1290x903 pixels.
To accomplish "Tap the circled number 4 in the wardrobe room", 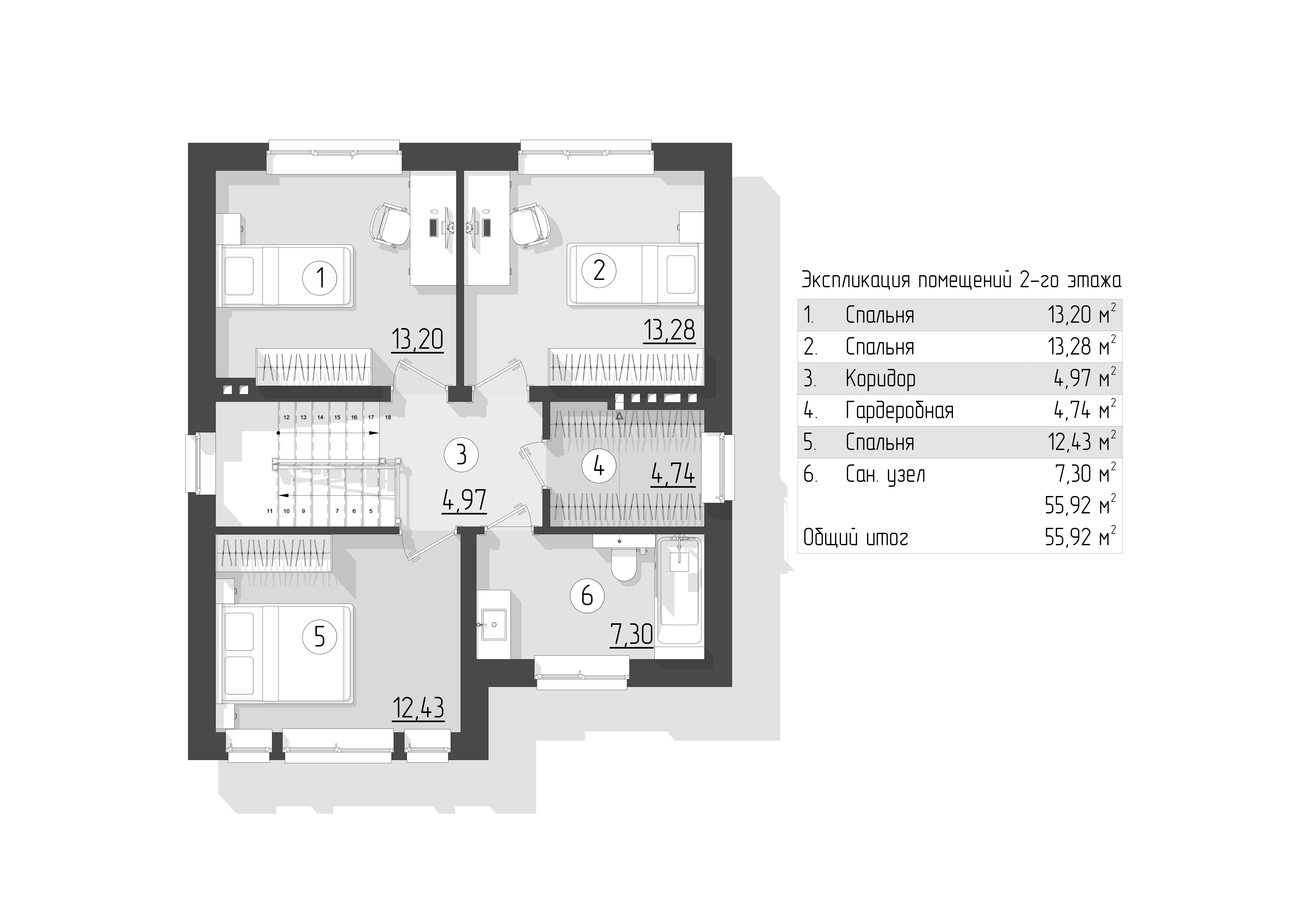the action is pyautogui.click(x=599, y=466).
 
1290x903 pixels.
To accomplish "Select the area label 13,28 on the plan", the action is pyautogui.click(x=669, y=330).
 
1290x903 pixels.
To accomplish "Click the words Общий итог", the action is pyautogui.click(x=856, y=538).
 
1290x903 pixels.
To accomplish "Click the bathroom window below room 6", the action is pyautogui.click(x=582, y=672).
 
